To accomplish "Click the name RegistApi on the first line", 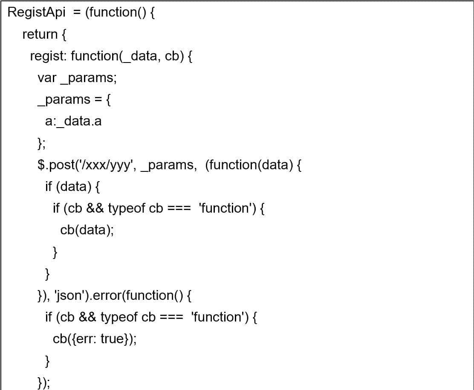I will tap(37, 12).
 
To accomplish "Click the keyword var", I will tap(47, 78).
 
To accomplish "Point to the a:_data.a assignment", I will tap(73, 122).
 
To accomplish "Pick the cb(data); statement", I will tap(87, 230).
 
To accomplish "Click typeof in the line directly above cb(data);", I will tap(127, 208).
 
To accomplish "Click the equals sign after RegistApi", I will tap(77, 12).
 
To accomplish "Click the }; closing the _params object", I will tap(41, 143).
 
